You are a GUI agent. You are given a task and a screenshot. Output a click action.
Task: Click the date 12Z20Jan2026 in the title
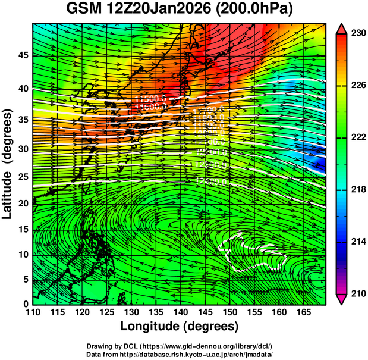[161, 10]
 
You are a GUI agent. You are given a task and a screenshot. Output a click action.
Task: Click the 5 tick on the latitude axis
[26, 278]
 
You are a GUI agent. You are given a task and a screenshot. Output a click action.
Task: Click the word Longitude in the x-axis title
[151, 327]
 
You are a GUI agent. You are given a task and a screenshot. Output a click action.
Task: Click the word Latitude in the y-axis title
[8, 189]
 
